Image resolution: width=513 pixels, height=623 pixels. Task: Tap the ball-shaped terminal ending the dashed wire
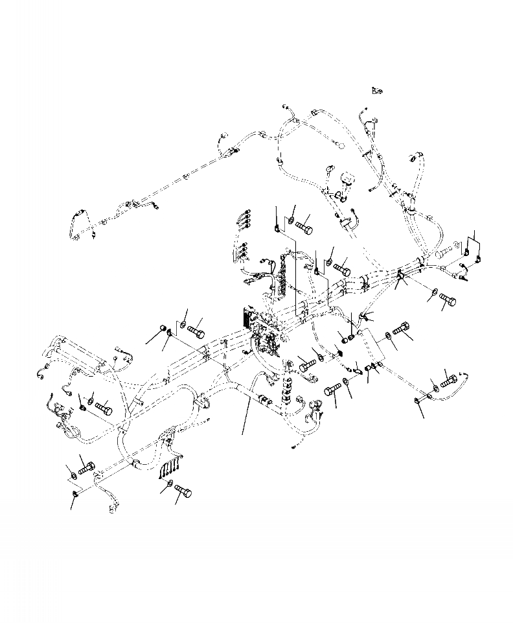point(337,145)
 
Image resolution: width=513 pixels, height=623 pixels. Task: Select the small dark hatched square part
point(337,353)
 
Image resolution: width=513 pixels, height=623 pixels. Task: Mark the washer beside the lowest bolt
point(170,484)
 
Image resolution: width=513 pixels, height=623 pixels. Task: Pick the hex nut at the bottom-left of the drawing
point(75,495)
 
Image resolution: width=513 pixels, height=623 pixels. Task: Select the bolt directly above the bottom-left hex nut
point(86,466)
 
